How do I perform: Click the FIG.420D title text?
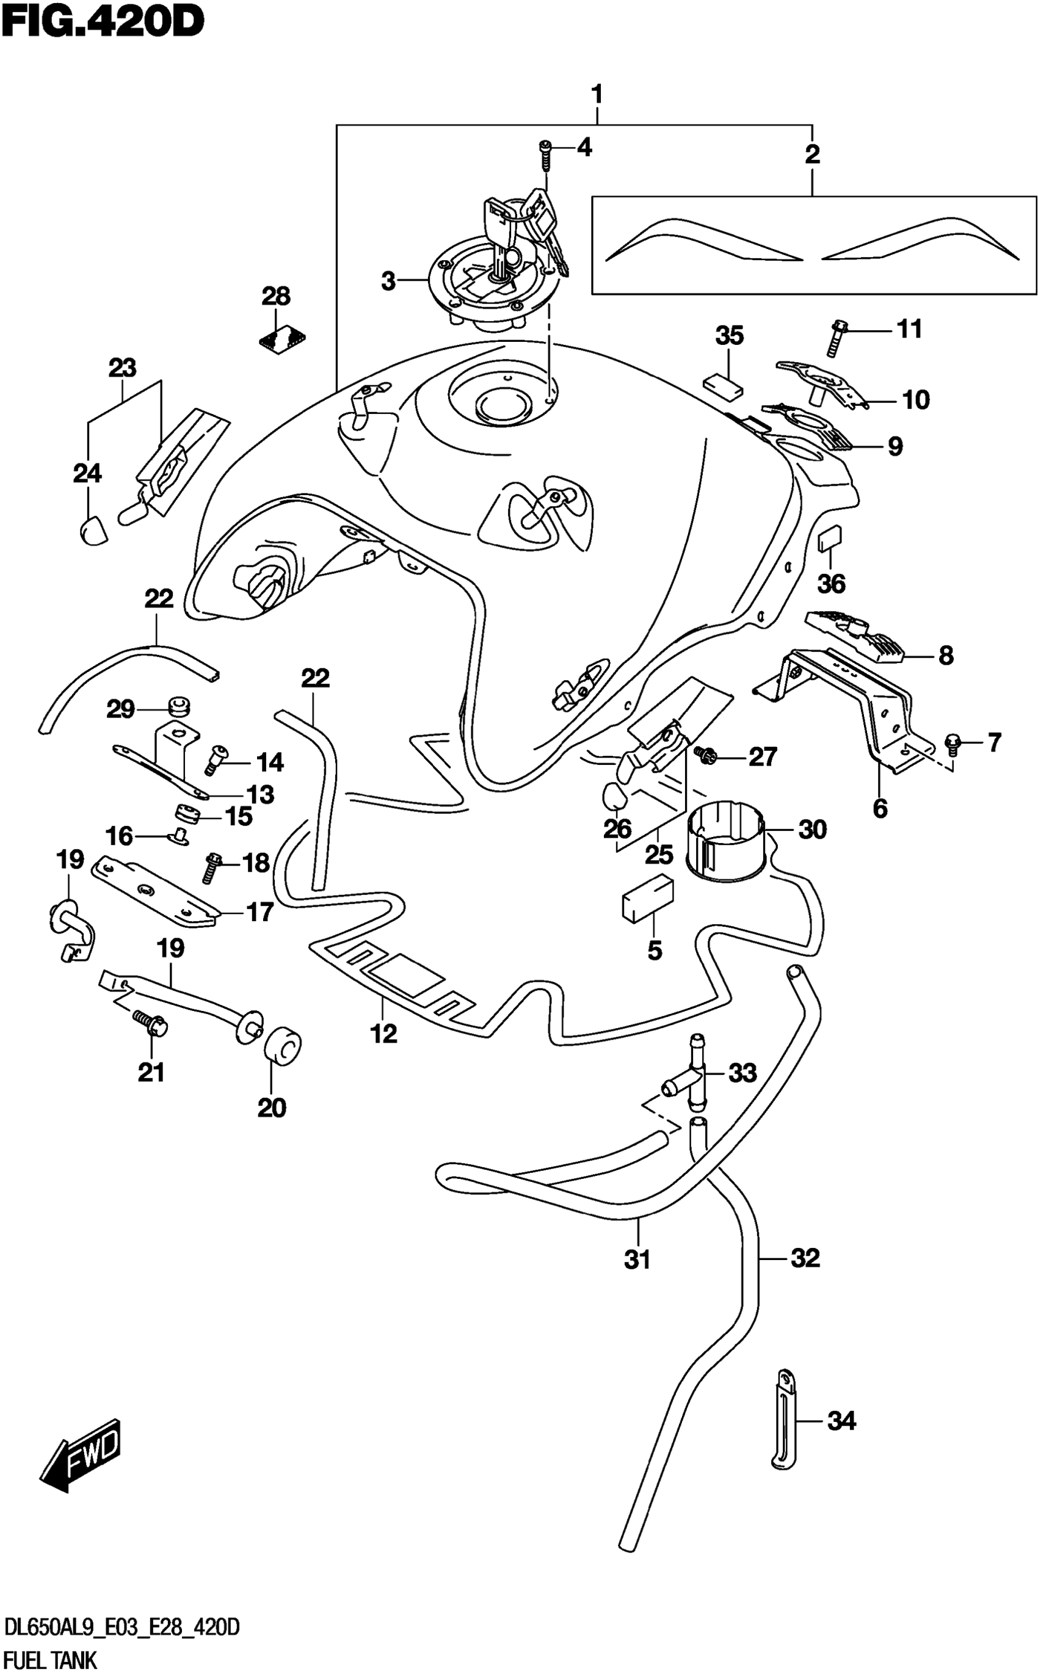pos(103,22)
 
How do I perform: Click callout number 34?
pos(841,1421)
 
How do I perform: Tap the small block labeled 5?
pos(647,896)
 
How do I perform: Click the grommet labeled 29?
pos(178,706)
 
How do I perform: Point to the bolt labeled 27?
pos(705,755)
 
